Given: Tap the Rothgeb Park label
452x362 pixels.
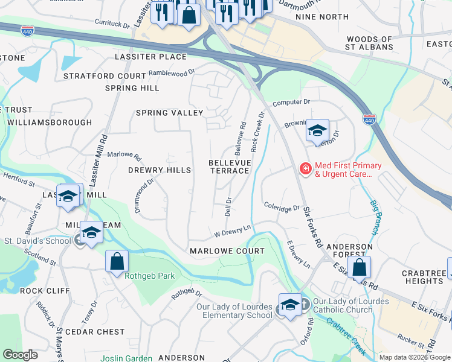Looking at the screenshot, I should click(x=141, y=276).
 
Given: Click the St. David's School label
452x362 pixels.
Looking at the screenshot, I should click(x=37, y=241).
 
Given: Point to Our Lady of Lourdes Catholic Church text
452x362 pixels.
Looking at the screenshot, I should click(x=352, y=306).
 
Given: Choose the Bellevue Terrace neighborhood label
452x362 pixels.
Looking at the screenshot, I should click(x=229, y=167).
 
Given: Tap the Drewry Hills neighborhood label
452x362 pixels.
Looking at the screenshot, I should click(x=160, y=170).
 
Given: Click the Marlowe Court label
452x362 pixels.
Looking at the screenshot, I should click(x=227, y=250).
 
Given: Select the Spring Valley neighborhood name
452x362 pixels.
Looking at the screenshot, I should click(x=169, y=113).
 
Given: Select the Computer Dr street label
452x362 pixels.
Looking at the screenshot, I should click(x=291, y=103).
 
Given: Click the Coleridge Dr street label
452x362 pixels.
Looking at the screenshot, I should click(x=282, y=207).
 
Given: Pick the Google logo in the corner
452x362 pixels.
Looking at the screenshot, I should click(x=20, y=355).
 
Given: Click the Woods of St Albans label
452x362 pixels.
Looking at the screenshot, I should click(x=369, y=42).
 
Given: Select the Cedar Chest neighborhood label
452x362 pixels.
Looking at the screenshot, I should click(x=94, y=331).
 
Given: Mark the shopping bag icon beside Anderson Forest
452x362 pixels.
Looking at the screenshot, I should click(x=358, y=267).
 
